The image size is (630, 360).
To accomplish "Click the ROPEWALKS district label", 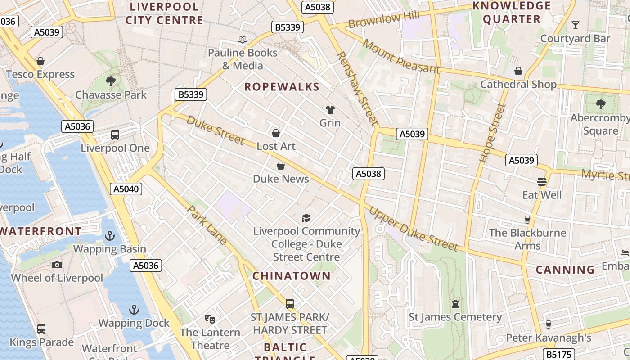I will (x=282, y=87).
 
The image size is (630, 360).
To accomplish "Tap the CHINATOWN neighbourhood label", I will (x=291, y=276).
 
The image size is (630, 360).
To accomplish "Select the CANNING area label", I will (x=565, y=270).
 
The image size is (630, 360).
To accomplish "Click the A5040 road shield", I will (x=126, y=189).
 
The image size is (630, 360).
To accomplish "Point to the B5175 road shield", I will (x=558, y=354).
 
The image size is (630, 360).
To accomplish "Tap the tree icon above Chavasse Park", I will (x=111, y=81).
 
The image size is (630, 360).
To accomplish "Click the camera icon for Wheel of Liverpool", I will (x=57, y=265).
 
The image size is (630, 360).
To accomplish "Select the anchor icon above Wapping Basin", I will (x=110, y=235).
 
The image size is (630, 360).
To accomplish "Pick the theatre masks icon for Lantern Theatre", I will (x=210, y=319).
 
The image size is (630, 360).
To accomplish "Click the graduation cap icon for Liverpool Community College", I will (x=306, y=218).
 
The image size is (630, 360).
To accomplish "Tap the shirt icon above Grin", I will (x=330, y=109).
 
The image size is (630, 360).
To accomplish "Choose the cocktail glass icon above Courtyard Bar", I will (x=575, y=25).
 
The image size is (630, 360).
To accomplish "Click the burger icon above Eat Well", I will (x=542, y=181).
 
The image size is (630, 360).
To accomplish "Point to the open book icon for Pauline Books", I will (x=243, y=39).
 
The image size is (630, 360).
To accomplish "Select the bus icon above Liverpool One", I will (x=115, y=135).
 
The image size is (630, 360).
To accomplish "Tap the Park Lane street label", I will (x=207, y=225).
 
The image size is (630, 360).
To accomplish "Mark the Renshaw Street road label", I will (x=357, y=88).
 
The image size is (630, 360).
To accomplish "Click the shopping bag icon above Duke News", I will (x=281, y=166).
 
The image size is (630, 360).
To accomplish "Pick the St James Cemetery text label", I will (x=455, y=317).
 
